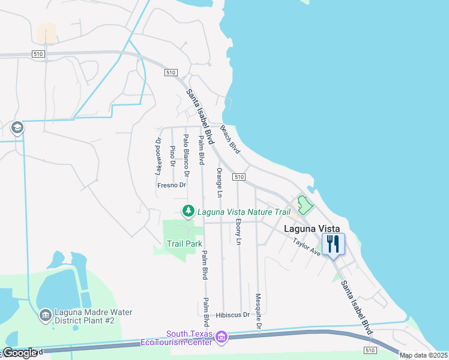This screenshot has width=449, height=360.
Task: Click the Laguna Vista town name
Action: [312, 229]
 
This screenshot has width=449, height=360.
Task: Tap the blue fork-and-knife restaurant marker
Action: [333, 244]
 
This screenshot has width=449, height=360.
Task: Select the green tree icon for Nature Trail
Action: [188, 211]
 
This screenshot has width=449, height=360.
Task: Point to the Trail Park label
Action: [184, 244]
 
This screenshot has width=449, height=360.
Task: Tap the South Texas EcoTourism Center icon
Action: [221, 337]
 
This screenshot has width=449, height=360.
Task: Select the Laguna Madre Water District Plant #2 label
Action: [85, 316]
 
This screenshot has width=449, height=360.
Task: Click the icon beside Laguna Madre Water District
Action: [45, 315]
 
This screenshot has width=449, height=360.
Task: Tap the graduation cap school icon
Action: [17, 128]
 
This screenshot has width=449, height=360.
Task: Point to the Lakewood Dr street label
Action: [158, 156]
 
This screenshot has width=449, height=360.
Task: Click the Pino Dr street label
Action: [172, 155]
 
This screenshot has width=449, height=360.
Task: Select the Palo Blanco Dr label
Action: [187, 156]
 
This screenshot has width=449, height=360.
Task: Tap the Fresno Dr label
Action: [172, 185]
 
